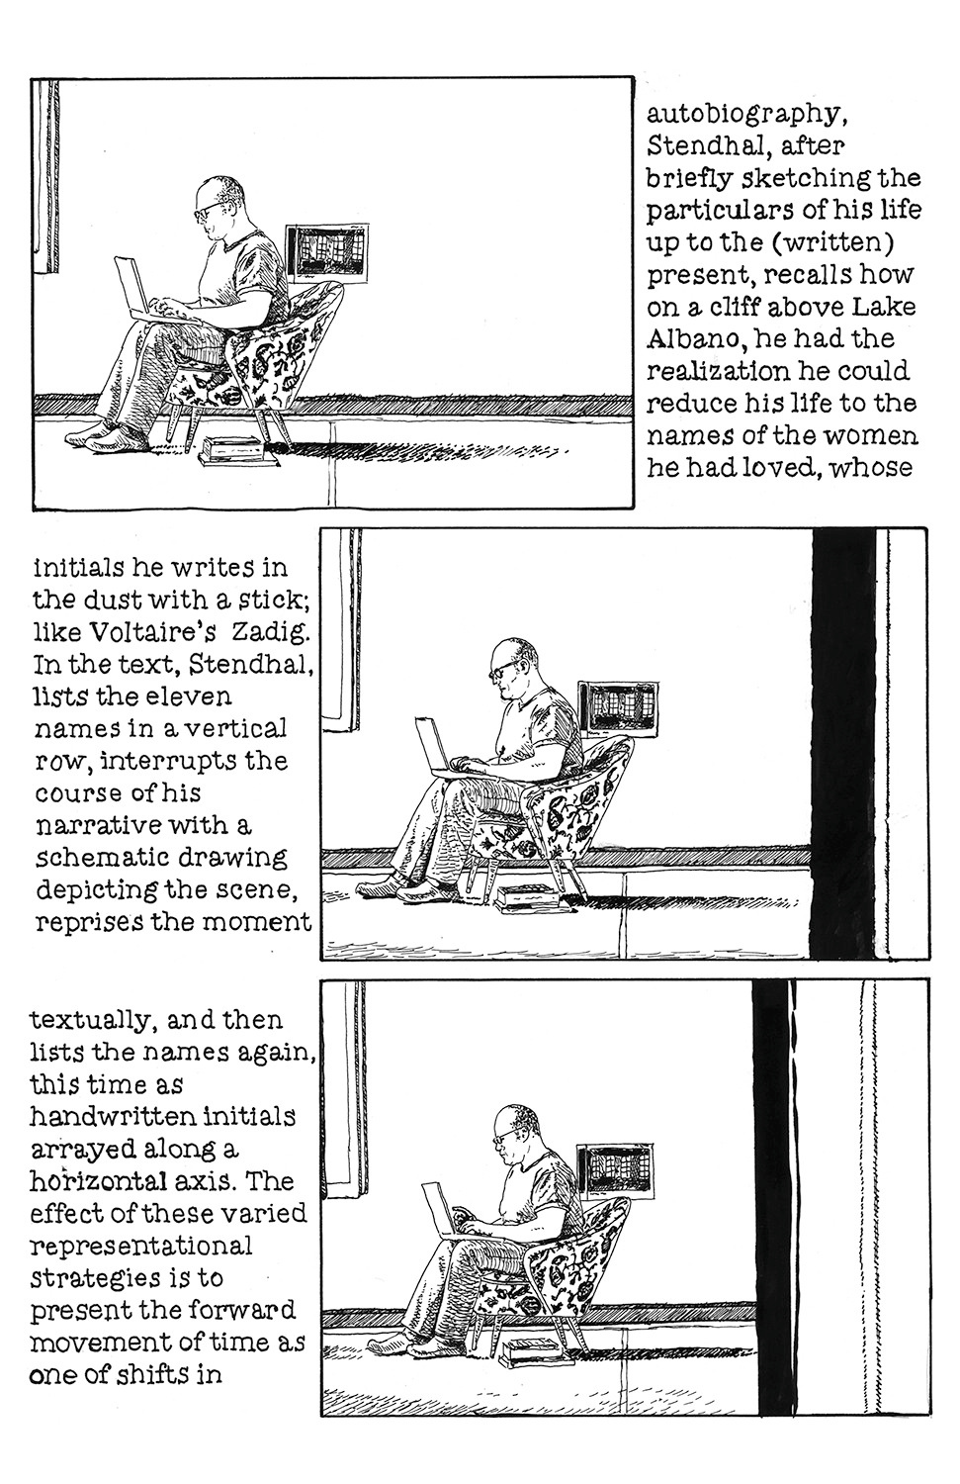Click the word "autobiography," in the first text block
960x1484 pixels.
click(745, 117)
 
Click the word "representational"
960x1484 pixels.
click(141, 1247)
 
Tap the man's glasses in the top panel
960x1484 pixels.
click(207, 213)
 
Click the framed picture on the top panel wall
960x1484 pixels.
click(326, 253)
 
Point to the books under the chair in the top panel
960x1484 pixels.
click(239, 451)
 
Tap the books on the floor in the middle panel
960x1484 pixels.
click(531, 897)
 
